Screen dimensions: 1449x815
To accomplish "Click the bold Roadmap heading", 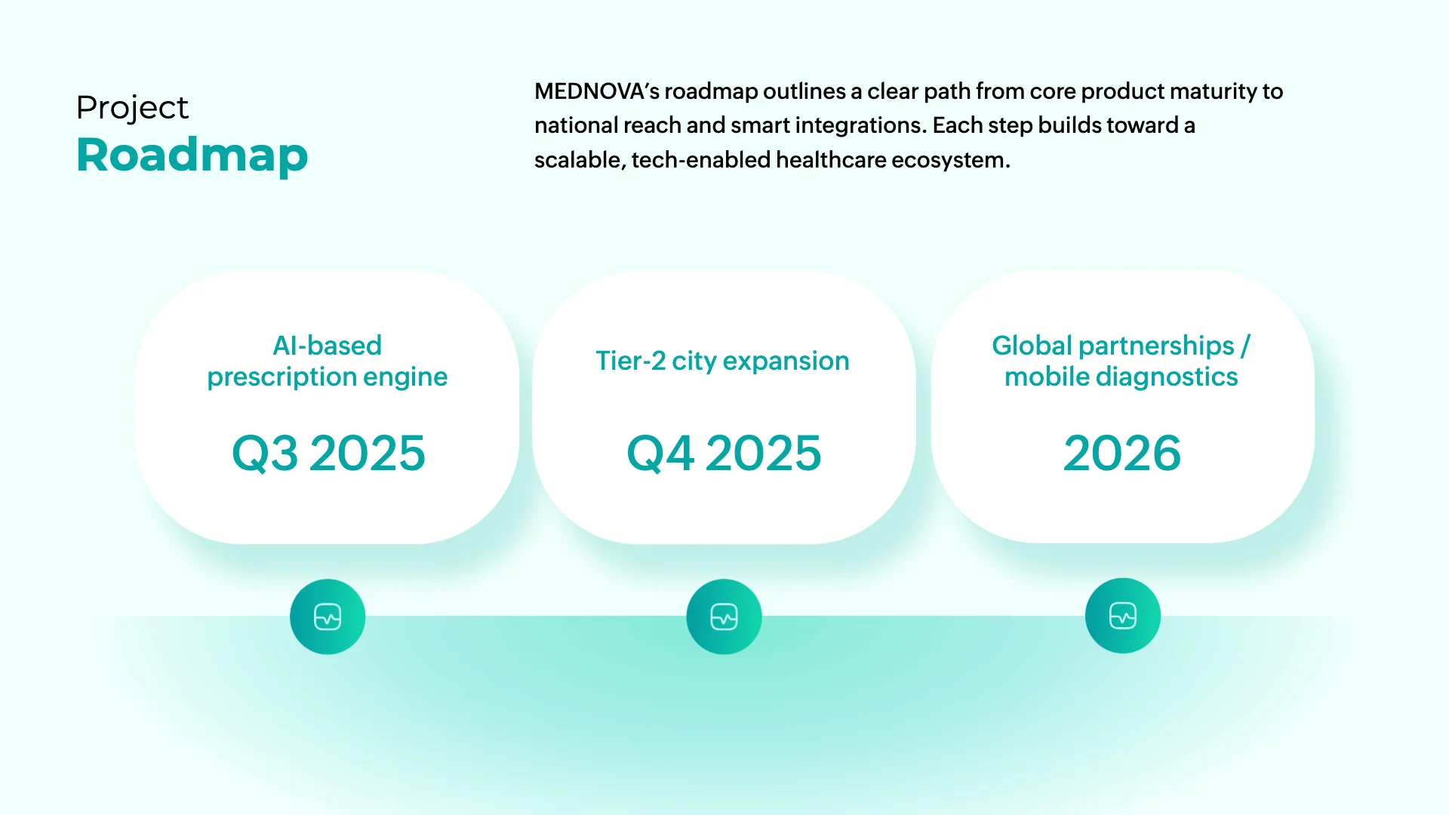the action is [x=192, y=155].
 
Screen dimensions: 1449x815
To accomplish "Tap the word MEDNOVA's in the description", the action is [x=597, y=91].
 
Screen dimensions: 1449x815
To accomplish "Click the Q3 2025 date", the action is [x=328, y=454].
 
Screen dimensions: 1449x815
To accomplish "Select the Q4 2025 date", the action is [x=724, y=454].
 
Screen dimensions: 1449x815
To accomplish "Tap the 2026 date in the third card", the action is [x=1122, y=454].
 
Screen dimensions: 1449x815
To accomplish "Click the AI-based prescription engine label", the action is [x=328, y=361].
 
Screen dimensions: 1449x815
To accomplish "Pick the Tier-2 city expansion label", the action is [x=722, y=361].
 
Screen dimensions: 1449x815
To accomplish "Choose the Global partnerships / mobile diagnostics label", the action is [x=1121, y=361].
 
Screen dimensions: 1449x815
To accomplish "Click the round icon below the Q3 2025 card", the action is [x=328, y=617].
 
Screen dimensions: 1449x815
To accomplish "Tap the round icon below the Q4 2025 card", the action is [x=724, y=617].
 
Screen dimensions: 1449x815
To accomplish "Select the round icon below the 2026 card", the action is [x=1123, y=616].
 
